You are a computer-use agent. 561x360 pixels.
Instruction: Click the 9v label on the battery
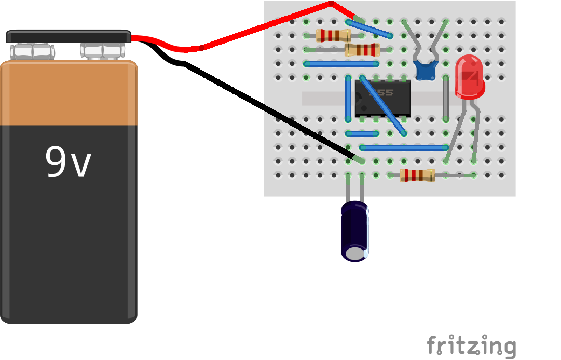coord(68,162)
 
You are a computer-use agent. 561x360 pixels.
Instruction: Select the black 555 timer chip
coord(383,98)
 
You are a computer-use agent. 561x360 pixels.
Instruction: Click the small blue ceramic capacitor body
coord(426,70)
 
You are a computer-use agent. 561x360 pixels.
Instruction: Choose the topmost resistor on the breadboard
coord(333,35)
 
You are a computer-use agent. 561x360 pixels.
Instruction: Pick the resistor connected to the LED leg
coord(417,175)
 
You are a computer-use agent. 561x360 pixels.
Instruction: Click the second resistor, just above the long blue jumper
coord(362,50)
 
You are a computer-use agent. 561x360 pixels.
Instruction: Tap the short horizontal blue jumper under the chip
coord(362,133)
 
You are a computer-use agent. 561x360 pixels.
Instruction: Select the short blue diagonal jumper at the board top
coord(369,29)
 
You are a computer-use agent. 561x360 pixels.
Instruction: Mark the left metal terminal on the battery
coord(32,51)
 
